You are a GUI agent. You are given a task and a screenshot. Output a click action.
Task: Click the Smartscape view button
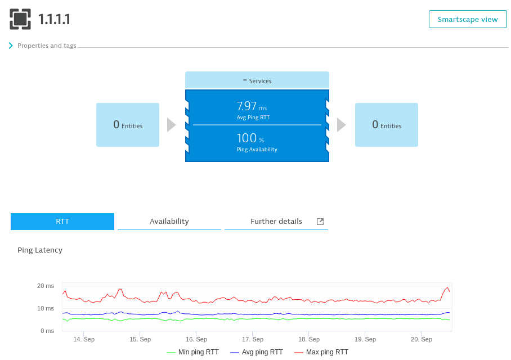pyautogui.click(x=468, y=19)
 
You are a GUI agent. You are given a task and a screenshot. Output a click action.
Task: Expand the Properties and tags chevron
pyautogui.click(x=11, y=46)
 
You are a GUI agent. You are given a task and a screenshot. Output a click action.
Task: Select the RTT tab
pyautogui.click(x=62, y=222)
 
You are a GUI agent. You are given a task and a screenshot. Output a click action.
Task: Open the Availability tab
pyautogui.click(x=169, y=222)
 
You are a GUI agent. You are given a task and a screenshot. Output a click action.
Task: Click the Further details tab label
pyautogui.click(x=276, y=222)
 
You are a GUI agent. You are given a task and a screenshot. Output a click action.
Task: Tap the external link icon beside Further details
pyautogui.click(x=320, y=222)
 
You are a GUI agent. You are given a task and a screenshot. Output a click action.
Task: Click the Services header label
pyautogui.click(x=257, y=81)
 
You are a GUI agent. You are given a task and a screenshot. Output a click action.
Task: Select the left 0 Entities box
pyautogui.click(x=128, y=125)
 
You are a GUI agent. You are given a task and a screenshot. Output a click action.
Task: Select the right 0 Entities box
pyautogui.click(x=387, y=125)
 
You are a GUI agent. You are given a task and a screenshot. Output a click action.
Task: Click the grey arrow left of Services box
pyautogui.click(x=172, y=125)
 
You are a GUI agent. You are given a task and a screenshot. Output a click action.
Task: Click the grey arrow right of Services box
pyautogui.click(x=341, y=125)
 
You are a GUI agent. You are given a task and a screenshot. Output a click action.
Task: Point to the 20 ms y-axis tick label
pyautogui.click(x=46, y=286)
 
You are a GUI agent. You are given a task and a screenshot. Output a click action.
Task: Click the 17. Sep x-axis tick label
pyautogui.click(x=253, y=339)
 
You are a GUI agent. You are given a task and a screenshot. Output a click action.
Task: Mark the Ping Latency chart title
pyautogui.click(x=40, y=250)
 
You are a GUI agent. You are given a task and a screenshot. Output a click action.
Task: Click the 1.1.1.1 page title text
pyautogui.click(x=54, y=20)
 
